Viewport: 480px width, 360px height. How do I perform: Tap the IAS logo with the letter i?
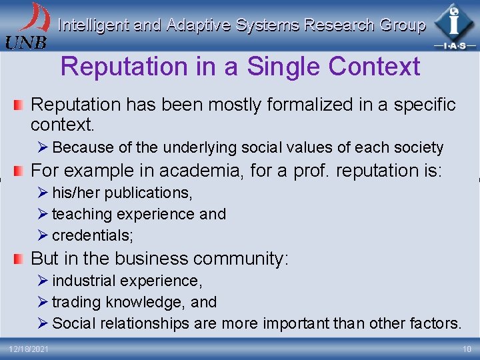[x=454, y=25]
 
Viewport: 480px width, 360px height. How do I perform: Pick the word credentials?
[x=93, y=235]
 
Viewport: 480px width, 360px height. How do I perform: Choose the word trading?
[x=76, y=302]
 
